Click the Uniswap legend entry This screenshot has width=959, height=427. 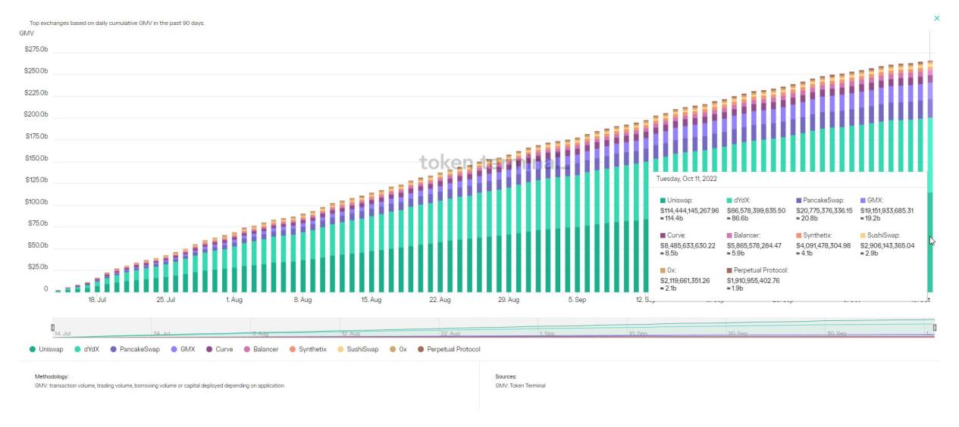(x=51, y=349)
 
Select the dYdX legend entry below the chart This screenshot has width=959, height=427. (x=92, y=349)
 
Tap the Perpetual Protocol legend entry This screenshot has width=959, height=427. (x=453, y=349)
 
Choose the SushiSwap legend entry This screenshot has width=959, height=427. (x=362, y=349)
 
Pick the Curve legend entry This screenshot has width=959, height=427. (x=224, y=349)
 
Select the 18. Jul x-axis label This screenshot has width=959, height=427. (x=97, y=300)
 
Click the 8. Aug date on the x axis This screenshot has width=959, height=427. (x=302, y=300)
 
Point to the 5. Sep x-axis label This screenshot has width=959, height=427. (x=577, y=300)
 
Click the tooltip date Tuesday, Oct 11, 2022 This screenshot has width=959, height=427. (x=686, y=179)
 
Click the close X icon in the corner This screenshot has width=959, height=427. (x=936, y=17)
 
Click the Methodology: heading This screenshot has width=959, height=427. (x=52, y=376)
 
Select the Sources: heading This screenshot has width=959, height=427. (x=506, y=376)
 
